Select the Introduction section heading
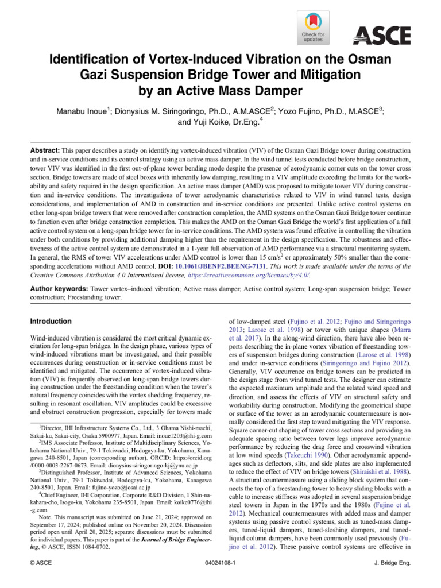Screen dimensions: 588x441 pos(51,321)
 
